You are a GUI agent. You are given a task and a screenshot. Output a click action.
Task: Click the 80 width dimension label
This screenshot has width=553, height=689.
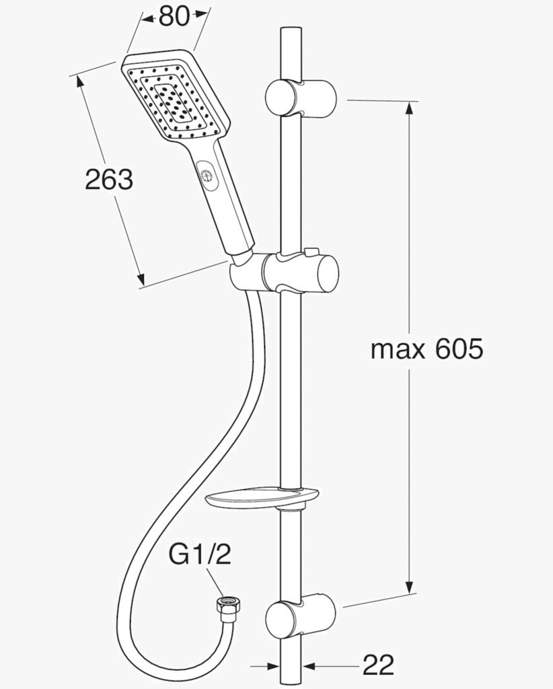[x=174, y=17]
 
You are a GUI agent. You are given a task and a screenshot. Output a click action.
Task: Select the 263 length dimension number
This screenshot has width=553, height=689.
[x=109, y=180]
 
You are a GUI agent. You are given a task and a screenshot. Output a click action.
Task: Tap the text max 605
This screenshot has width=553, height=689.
[x=427, y=350]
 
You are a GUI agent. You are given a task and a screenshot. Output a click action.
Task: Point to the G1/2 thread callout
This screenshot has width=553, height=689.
[x=200, y=555]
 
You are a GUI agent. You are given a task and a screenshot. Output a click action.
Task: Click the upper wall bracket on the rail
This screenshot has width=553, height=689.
[x=301, y=98]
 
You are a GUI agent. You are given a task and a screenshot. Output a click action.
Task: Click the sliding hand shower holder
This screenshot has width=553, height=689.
[x=285, y=273]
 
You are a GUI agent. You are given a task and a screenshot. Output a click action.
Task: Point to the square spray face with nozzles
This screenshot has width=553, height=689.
[x=176, y=100]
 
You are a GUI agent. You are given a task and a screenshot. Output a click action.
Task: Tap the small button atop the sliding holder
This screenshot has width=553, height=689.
[x=311, y=252]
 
